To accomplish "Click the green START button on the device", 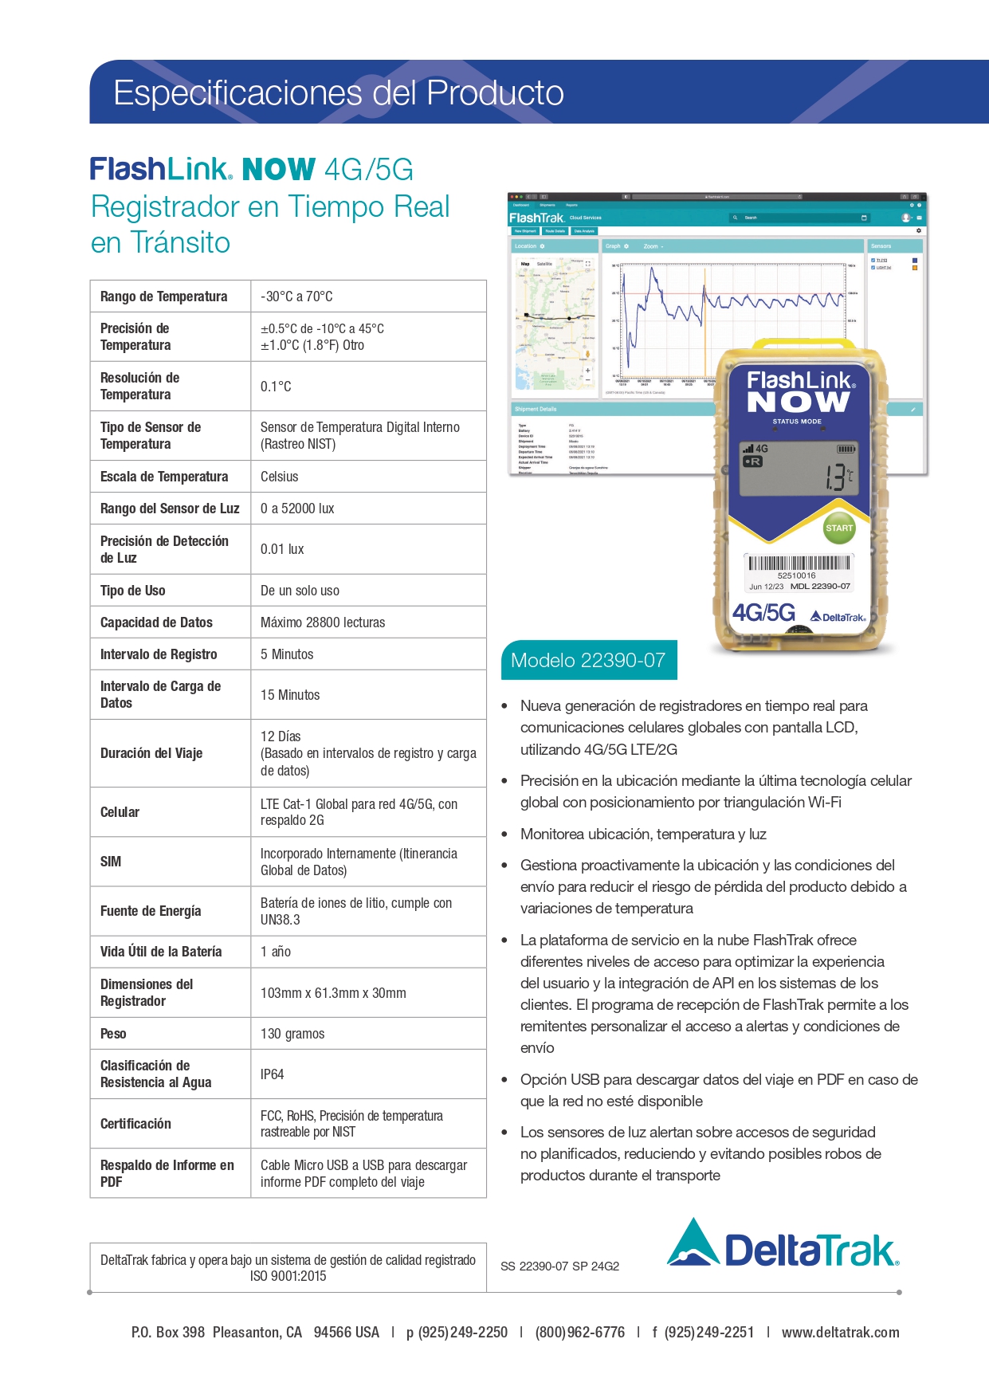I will click(838, 528).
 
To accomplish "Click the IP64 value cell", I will click(273, 1074).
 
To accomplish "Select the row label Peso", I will click(113, 1034).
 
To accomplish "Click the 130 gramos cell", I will click(292, 1034).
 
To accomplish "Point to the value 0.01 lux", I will click(282, 549).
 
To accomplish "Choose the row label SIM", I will click(111, 862).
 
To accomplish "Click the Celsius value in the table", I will click(279, 477).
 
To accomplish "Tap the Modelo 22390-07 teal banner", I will click(588, 660).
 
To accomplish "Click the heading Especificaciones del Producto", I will click(339, 93).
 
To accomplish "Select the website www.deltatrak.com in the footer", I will click(840, 1333).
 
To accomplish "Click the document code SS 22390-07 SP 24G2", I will click(559, 1266).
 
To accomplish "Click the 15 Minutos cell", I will click(290, 695).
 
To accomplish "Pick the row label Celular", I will click(120, 812).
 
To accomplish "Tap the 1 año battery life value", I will click(276, 952).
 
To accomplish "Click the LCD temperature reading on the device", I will click(838, 477).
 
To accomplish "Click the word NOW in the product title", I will click(279, 170).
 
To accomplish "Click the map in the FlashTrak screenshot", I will click(555, 322).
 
